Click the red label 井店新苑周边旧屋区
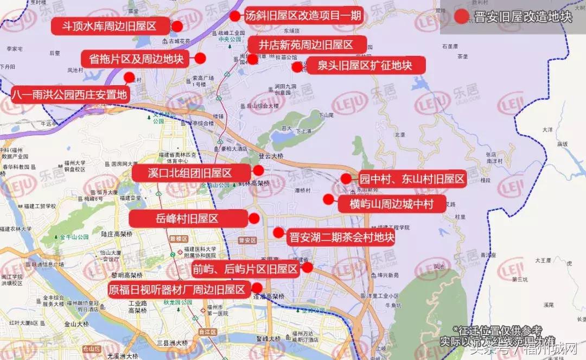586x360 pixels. pyautogui.click(x=306, y=45)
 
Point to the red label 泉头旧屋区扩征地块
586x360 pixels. pyautogui.click(x=364, y=66)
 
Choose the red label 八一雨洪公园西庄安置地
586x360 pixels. pyautogui.click(x=70, y=94)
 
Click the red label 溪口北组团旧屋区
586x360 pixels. pyautogui.click(x=190, y=173)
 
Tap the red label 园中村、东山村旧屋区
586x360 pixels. pyautogui.click(x=412, y=179)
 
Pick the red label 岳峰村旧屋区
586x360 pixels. pyautogui.click(x=187, y=219)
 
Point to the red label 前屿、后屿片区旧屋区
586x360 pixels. pyautogui.click(x=245, y=268)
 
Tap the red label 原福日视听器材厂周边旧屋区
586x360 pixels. pyautogui.click(x=177, y=289)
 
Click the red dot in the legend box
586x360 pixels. pyautogui.click(x=462, y=16)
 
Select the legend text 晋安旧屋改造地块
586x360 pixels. pyautogui.click(x=523, y=16)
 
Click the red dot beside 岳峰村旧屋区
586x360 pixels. pyautogui.click(x=254, y=219)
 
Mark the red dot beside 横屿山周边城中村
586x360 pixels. pyautogui.click(x=328, y=199)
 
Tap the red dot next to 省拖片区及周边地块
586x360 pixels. pyautogui.click(x=200, y=58)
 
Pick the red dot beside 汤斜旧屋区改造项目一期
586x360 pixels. pyautogui.click(x=234, y=16)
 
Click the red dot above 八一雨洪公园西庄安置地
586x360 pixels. pyautogui.click(x=129, y=77)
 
